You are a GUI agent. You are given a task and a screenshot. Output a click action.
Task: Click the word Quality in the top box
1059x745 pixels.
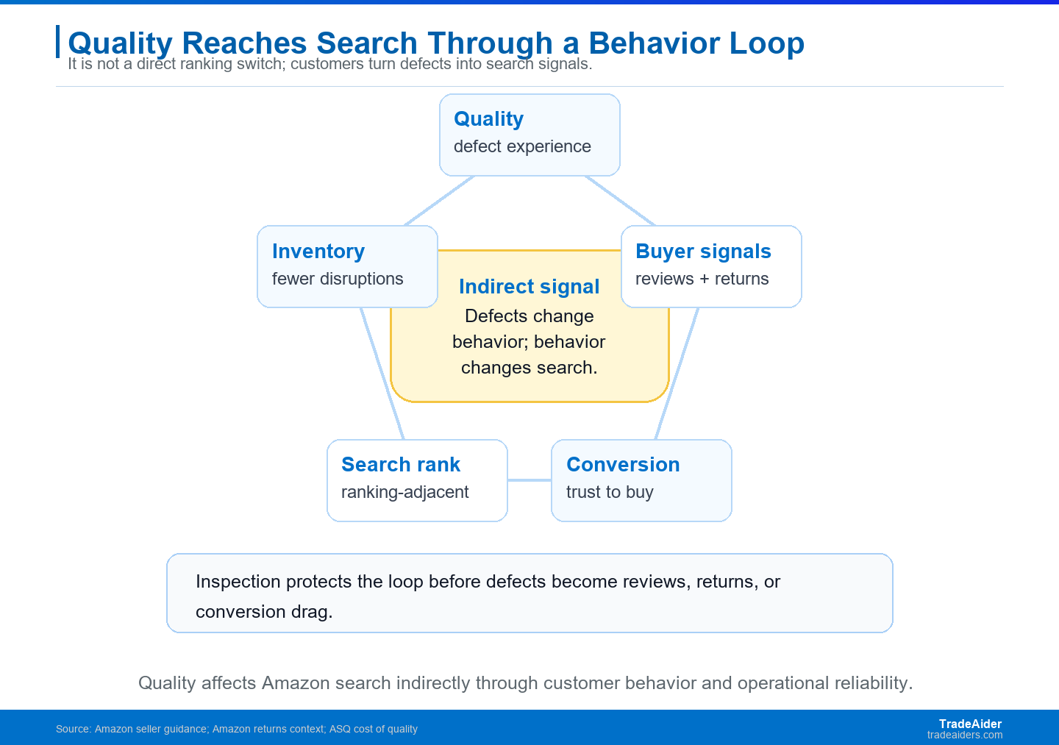tap(488, 119)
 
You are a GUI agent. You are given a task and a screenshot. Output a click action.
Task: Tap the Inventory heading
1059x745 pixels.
tap(318, 251)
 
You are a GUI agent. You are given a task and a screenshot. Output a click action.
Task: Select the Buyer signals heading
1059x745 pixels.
tap(703, 252)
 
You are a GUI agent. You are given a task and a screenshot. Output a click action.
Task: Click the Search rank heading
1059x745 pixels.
tap(400, 465)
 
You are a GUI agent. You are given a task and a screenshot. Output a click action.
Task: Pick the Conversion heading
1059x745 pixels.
tap(623, 465)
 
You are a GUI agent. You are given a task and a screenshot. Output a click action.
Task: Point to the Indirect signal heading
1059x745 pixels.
tap(529, 287)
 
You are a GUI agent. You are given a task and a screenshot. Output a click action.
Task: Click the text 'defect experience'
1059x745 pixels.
tap(522, 146)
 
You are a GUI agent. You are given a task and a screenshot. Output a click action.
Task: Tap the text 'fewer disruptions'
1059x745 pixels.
tap(338, 279)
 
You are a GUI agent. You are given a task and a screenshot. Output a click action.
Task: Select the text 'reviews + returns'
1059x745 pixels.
tap(702, 279)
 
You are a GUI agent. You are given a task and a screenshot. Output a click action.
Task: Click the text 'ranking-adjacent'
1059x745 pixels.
tap(404, 492)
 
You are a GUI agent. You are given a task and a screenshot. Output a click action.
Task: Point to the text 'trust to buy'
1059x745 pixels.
tap(610, 492)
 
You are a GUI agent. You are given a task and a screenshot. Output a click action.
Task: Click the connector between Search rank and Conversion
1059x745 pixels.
tap(529, 480)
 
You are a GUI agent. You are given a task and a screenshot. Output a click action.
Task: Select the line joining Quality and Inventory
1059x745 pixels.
tap(440, 201)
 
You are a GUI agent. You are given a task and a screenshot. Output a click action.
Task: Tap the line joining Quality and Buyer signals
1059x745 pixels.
tap(620, 201)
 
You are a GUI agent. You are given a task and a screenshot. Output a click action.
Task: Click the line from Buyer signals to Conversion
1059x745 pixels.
tap(677, 374)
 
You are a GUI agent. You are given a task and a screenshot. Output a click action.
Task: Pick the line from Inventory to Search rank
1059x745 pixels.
tap(382, 374)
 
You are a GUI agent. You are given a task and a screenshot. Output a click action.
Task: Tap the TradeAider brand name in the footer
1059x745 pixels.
tap(970, 724)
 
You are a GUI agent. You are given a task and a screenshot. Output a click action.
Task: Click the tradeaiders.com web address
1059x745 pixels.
tap(964, 735)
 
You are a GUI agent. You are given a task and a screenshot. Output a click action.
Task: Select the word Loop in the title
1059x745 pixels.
tap(767, 43)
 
